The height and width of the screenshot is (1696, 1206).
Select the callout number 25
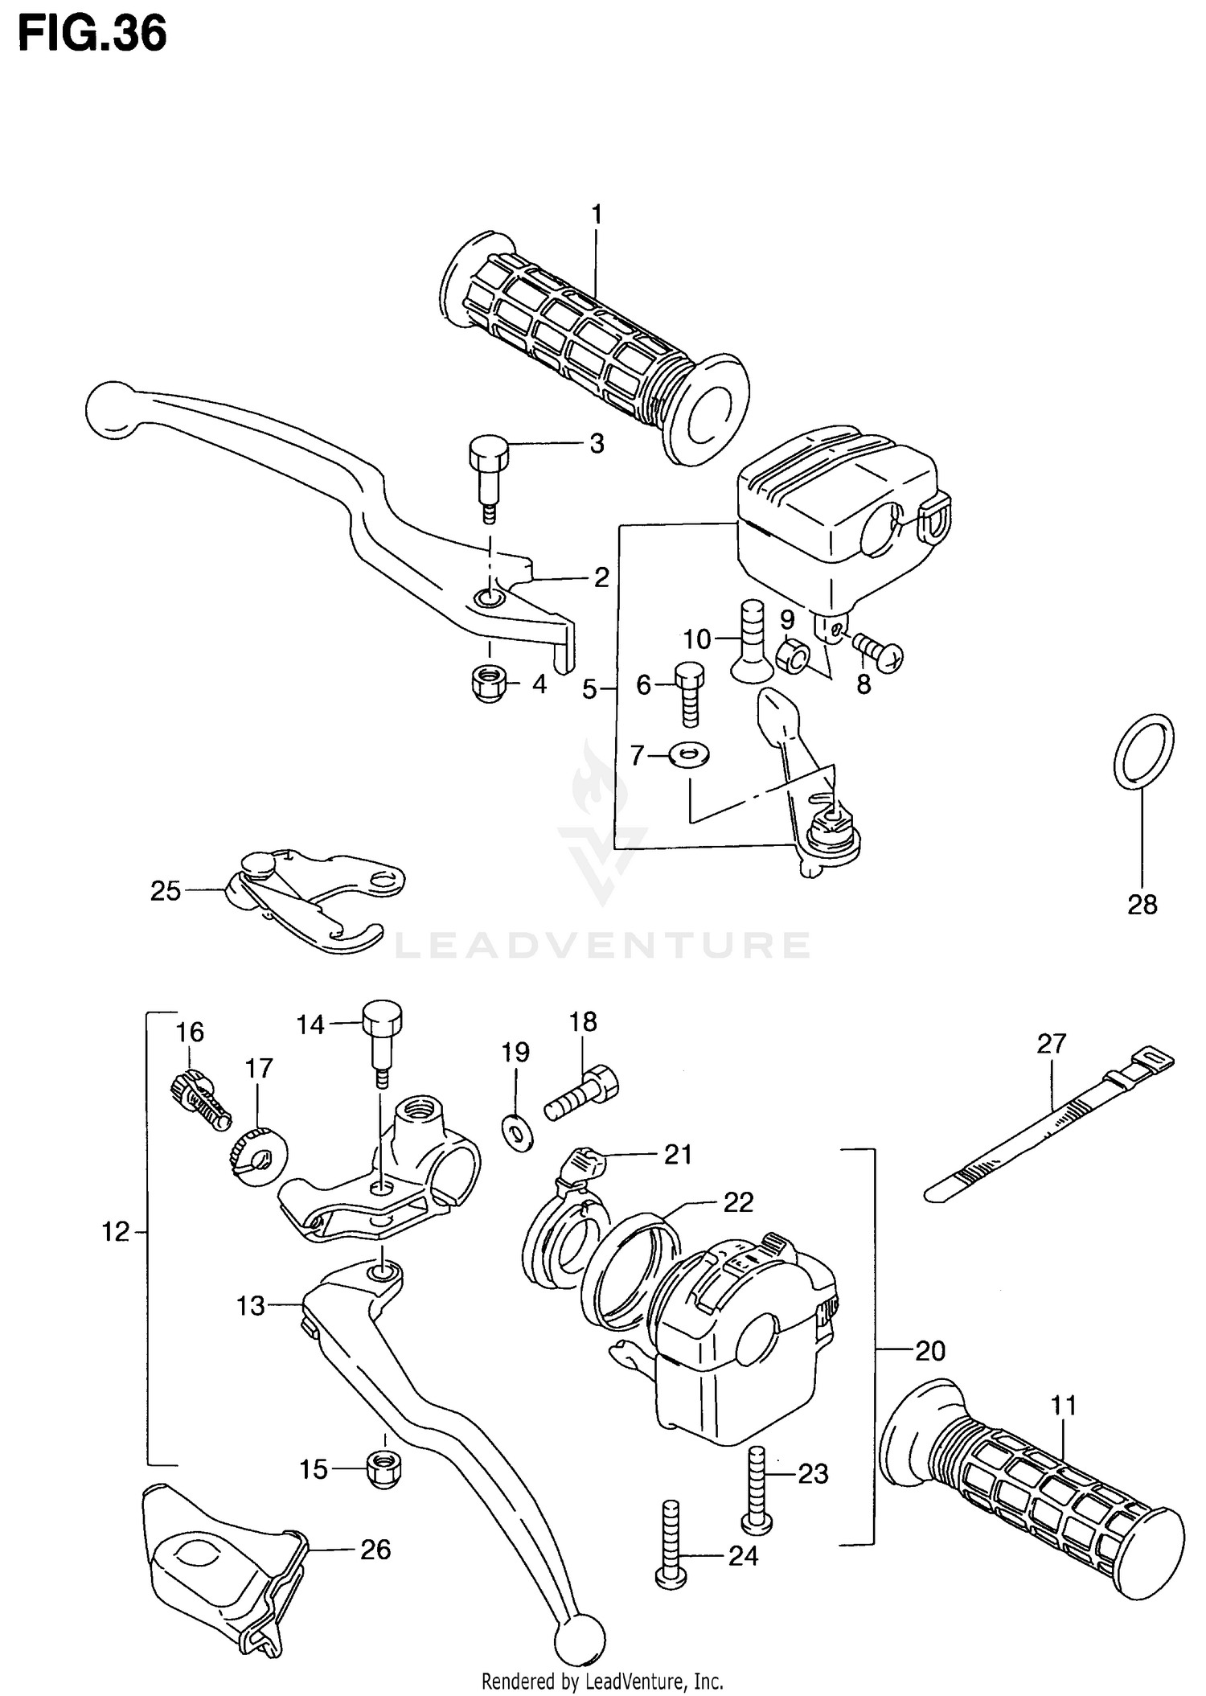pyautogui.click(x=166, y=891)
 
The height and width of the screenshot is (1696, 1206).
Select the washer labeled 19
pyautogui.click(x=517, y=1132)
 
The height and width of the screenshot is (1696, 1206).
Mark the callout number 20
pyautogui.click(x=930, y=1350)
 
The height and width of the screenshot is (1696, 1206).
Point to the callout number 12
pyautogui.click(x=115, y=1231)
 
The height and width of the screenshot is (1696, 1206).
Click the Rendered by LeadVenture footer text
pyautogui.click(x=602, y=1681)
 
